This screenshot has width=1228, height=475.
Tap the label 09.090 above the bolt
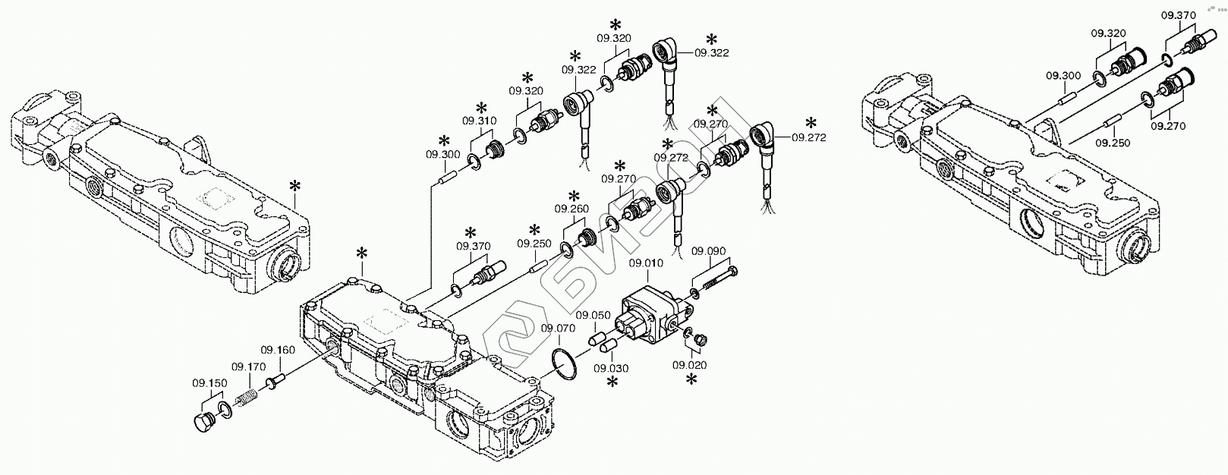click(x=710, y=251)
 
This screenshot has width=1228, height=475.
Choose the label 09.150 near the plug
click(x=209, y=383)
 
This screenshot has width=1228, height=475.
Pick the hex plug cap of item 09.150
click(x=204, y=423)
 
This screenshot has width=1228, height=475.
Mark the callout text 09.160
click(x=278, y=350)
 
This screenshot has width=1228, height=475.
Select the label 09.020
click(x=689, y=365)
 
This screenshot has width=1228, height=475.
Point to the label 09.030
click(x=612, y=369)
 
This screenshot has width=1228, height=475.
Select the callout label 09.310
click(x=480, y=121)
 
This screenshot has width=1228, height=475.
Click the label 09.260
click(x=571, y=209)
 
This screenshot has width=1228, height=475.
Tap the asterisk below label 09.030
click(x=612, y=385)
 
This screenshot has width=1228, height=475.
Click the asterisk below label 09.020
click(x=691, y=381)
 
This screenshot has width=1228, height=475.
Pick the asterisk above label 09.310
click(x=480, y=107)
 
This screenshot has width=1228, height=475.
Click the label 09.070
click(x=558, y=329)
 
